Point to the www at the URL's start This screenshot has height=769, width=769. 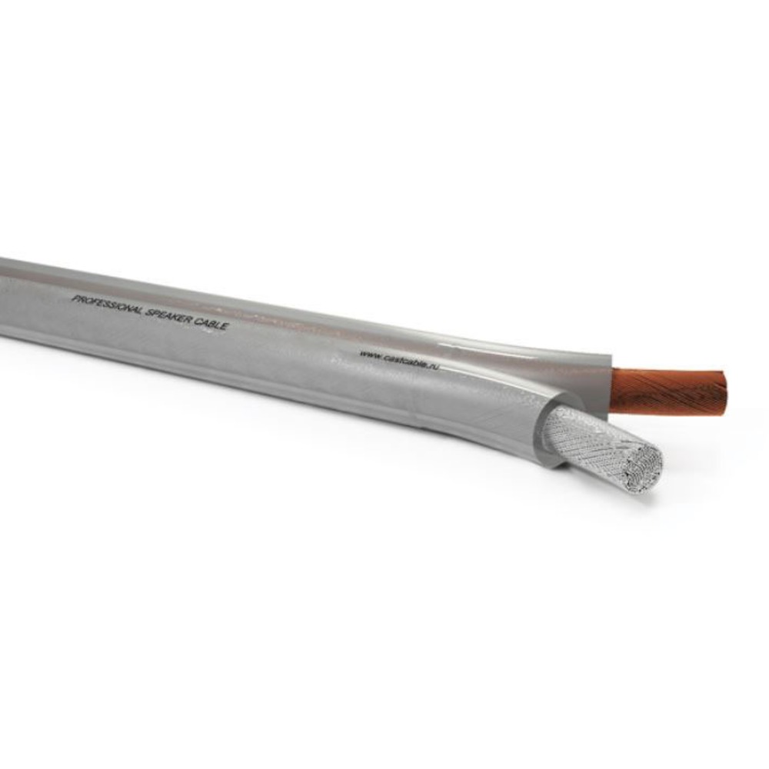point(368,354)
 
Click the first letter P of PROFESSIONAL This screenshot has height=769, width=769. point(75,298)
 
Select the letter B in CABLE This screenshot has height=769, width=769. point(215,325)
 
